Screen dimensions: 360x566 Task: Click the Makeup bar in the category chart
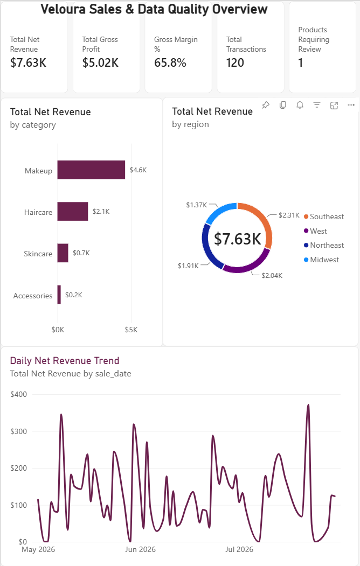(91, 170)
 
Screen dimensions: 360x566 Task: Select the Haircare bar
(73, 211)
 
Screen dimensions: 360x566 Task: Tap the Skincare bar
(63, 253)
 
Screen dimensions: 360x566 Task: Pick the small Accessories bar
(59, 295)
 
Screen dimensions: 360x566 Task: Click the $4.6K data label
(139, 170)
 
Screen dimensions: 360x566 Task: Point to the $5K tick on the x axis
(131, 330)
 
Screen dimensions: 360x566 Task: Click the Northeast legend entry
(324, 245)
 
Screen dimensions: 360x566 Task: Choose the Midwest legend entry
(321, 260)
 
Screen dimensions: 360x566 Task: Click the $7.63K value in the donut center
(237, 239)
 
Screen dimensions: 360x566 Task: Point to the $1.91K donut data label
(188, 265)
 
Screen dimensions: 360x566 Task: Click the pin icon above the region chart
(265, 105)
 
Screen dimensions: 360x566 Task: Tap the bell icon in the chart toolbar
(300, 105)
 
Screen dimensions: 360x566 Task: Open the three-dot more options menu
(351, 105)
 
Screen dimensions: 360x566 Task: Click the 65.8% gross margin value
(170, 63)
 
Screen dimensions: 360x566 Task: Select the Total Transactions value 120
(235, 63)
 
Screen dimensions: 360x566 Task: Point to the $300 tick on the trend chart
(18, 431)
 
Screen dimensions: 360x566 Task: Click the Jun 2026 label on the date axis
(141, 549)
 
